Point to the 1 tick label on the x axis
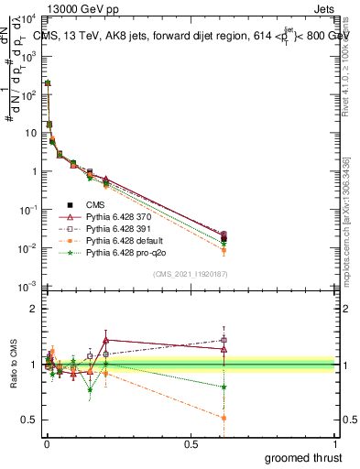[x=335, y=444]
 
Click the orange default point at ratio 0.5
[x=223, y=418]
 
